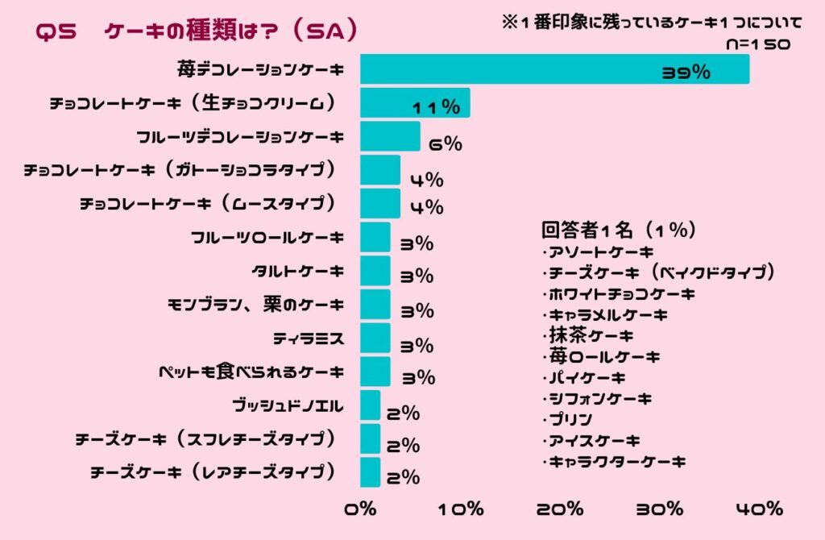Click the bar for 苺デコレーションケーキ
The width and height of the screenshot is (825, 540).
coord(554,69)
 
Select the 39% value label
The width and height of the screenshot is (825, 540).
coord(686,73)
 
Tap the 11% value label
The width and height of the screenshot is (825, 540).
coord(436,107)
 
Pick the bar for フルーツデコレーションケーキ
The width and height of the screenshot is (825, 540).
coord(390,136)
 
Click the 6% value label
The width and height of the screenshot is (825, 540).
coord(446,144)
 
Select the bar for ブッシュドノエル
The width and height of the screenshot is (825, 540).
coord(370,405)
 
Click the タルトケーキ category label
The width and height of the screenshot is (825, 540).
coord(298,271)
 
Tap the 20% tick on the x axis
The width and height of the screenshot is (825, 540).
coord(560,509)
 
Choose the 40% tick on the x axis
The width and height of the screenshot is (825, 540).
coord(758,509)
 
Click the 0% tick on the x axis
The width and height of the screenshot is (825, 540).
coord(360,509)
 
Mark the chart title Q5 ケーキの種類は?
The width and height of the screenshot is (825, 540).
coord(197,31)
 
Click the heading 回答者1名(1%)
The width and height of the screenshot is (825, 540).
coord(619,231)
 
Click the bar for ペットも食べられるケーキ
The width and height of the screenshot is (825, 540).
coord(375,372)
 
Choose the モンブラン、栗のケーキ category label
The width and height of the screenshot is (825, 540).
coord(255,305)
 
